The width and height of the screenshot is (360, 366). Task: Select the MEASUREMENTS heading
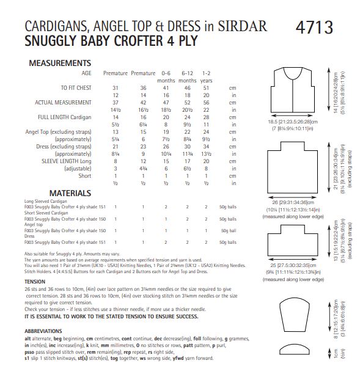click(59, 63)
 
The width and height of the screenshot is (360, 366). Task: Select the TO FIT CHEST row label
click(77, 88)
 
